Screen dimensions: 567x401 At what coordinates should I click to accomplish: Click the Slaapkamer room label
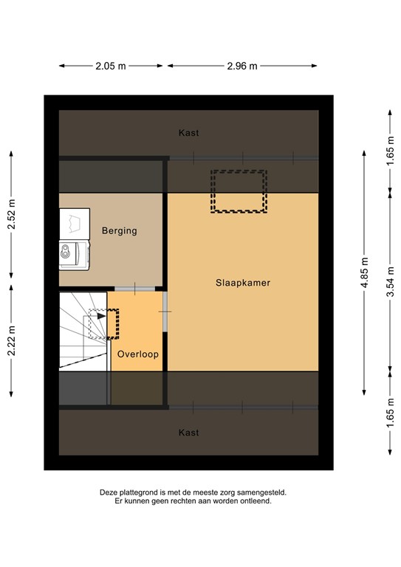pos(242,283)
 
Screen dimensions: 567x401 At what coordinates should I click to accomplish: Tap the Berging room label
pos(120,230)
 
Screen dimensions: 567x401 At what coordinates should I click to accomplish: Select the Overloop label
pos(138,354)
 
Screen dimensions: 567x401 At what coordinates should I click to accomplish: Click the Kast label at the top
pos(189,133)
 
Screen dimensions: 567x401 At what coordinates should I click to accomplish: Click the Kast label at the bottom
pos(189,433)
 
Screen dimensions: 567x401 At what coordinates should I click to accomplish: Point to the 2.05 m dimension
pos(111,66)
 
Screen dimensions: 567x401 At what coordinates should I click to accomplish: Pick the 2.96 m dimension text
pos(242,66)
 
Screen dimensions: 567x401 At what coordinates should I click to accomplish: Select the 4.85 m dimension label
pos(363,272)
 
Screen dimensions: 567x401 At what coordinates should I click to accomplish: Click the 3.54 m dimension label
pos(390,283)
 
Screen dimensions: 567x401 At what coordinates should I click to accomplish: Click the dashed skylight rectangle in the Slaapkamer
pos(239,191)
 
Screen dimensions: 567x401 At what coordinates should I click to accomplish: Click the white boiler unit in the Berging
pos(74,222)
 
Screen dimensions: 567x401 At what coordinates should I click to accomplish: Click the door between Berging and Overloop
pos(135,288)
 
